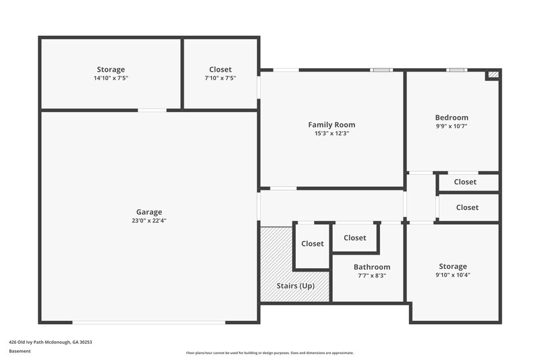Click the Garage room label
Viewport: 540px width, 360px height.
[148, 211]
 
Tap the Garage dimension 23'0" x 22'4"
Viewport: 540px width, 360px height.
[148, 220]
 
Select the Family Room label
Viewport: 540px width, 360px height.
[331, 124]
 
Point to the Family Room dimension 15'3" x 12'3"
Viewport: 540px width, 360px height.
[331, 133]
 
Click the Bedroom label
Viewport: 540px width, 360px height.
[452, 117]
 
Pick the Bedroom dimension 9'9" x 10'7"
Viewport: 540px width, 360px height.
[452, 126]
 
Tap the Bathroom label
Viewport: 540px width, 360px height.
[372, 267]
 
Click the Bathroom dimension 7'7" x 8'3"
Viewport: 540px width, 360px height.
[372, 276]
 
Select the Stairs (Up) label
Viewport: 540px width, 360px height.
[296, 286]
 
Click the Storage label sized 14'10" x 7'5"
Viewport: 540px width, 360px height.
[111, 70]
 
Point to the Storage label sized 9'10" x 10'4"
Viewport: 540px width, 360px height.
[452, 266]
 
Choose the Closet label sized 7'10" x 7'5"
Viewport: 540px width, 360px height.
[220, 70]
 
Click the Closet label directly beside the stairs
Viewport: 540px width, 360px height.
[313, 244]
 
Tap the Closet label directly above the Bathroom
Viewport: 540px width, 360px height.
[355, 237]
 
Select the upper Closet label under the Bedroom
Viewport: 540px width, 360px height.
[465, 182]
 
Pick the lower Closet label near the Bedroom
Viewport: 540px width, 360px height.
[467, 207]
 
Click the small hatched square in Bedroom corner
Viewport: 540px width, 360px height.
[493, 75]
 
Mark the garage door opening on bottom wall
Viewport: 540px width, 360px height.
[148, 322]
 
